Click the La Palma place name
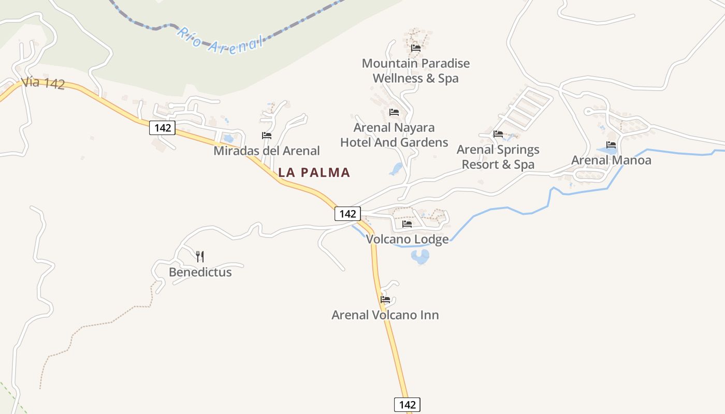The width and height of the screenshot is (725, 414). [x=314, y=173]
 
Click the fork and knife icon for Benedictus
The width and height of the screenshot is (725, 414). [x=200, y=256]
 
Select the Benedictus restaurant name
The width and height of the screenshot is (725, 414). [x=200, y=272]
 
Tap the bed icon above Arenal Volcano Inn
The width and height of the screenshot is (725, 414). [x=385, y=299]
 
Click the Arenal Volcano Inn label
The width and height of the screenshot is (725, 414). [x=385, y=315]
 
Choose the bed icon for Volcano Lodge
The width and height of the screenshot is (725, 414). [x=407, y=224]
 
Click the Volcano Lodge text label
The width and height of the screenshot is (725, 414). [x=407, y=240]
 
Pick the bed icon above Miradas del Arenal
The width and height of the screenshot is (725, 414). [x=267, y=136]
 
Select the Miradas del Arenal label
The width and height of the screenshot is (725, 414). [x=266, y=151]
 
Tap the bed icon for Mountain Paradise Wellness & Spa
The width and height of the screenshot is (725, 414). [x=415, y=48]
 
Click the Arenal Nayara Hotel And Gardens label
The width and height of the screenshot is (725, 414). [x=394, y=135]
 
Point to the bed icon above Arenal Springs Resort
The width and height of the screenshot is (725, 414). [x=498, y=134]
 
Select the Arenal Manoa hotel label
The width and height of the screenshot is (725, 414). [x=611, y=160]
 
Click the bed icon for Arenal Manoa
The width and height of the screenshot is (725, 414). [x=611, y=145]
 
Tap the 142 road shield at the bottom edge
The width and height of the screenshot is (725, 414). [x=407, y=405]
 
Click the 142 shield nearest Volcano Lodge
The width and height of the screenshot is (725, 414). [x=347, y=213]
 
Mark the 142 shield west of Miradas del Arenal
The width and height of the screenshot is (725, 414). [x=163, y=128]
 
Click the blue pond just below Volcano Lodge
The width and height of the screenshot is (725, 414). [x=420, y=256]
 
